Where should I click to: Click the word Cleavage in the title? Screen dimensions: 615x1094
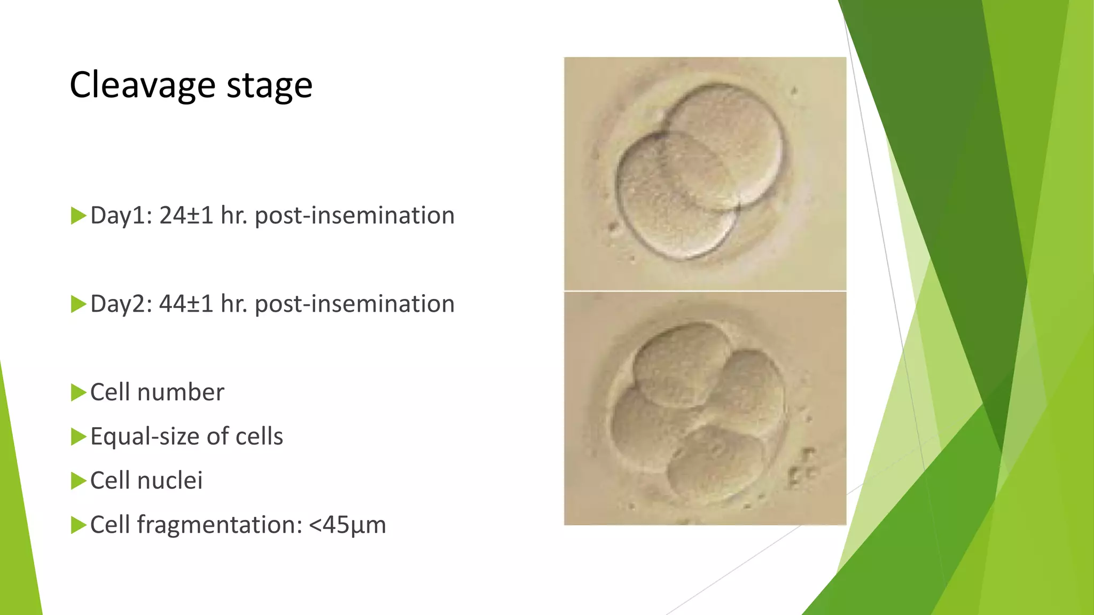142,85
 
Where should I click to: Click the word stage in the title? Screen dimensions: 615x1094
269,85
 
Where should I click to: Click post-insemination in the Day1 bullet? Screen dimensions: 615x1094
355,216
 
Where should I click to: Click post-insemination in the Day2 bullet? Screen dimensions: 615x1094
355,304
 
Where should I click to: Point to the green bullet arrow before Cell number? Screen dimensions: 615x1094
78,392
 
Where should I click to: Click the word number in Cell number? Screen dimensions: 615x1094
181,392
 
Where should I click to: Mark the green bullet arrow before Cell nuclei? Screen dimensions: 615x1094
78,480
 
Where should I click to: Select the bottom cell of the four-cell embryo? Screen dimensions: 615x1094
716,464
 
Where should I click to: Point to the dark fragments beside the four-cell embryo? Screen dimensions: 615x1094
801,467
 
